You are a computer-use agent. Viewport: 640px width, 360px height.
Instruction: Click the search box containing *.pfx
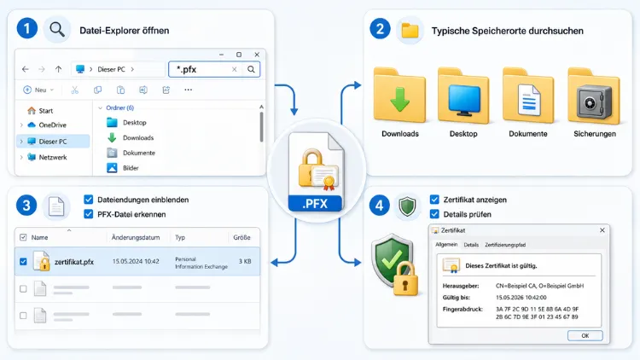click(x=214, y=69)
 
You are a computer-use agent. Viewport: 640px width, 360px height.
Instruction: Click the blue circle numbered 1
click(x=27, y=29)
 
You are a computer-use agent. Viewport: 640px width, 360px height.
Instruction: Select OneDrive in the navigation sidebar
click(x=52, y=125)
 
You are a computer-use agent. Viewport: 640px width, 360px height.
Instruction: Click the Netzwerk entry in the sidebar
click(x=53, y=157)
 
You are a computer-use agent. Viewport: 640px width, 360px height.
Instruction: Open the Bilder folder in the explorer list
click(x=131, y=168)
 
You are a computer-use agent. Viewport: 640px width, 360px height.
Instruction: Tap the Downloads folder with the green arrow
click(x=399, y=96)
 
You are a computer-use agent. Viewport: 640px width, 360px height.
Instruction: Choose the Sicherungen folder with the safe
click(x=594, y=96)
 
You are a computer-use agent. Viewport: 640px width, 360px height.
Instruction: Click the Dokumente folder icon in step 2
click(x=528, y=96)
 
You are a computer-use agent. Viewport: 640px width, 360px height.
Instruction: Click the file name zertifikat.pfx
click(x=74, y=262)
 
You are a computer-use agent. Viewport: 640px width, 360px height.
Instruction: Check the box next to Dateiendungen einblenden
click(x=88, y=200)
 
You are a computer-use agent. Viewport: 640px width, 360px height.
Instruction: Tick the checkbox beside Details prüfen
click(x=434, y=214)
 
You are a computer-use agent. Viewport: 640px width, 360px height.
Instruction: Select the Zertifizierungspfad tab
click(x=505, y=245)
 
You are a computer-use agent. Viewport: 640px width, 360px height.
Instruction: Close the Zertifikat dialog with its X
click(x=602, y=230)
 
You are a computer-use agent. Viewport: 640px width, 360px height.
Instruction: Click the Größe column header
click(x=241, y=237)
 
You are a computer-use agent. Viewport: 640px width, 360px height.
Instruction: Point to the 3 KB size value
click(x=245, y=261)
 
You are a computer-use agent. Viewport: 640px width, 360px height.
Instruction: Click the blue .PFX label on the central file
click(x=315, y=204)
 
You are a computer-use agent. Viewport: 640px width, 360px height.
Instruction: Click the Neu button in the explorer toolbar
click(x=38, y=90)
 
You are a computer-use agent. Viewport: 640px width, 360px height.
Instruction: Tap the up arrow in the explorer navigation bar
click(x=58, y=69)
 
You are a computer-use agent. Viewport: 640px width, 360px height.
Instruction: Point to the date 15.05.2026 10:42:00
click(x=521, y=298)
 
